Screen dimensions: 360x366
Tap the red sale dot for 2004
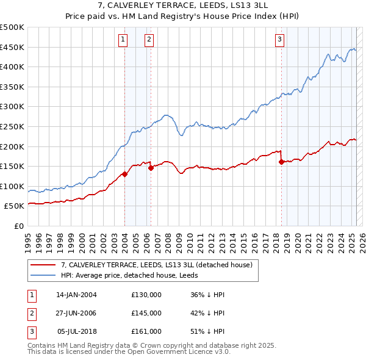click(x=124, y=174)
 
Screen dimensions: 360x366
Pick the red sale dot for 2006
click(x=151, y=168)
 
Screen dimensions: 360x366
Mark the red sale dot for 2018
click(x=281, y=162)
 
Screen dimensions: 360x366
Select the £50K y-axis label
click(x=14, y=206)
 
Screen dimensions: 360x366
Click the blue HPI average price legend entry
click(x=134, y=276)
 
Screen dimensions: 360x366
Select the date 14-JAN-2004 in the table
click(x=76, y=295)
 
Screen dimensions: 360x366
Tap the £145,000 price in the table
click(x=146, y=313)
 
